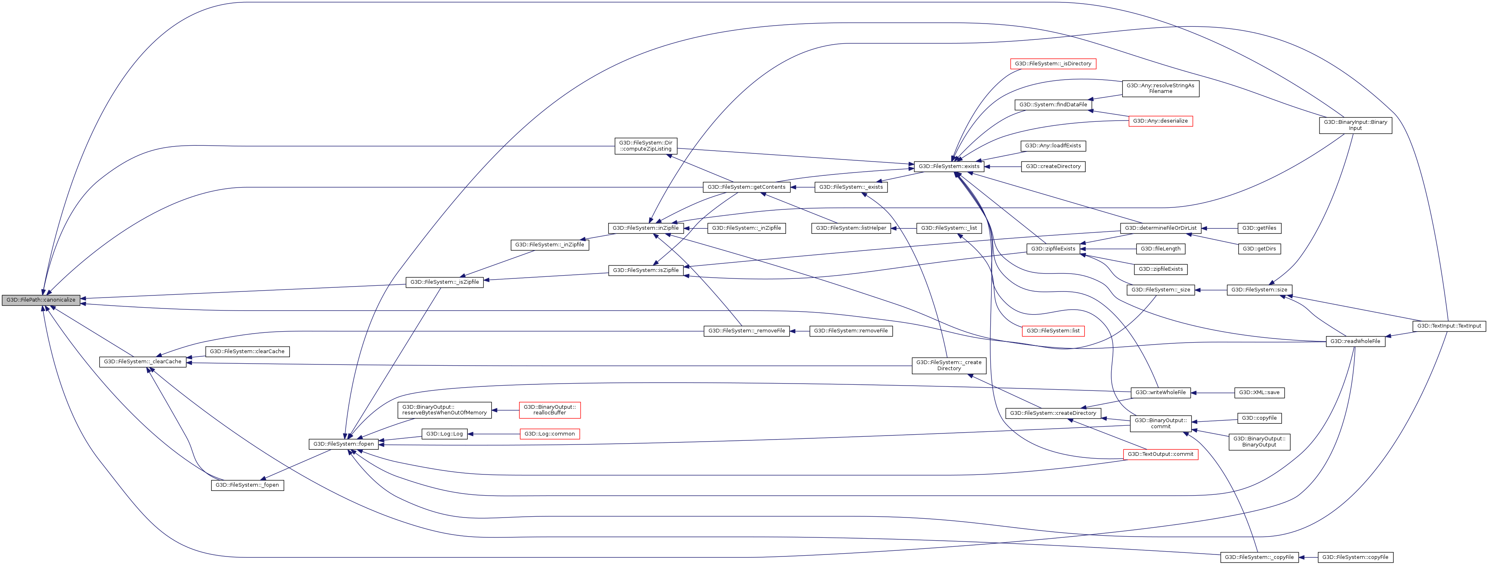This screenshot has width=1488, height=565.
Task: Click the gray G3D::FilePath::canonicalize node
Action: (x=41, y=300)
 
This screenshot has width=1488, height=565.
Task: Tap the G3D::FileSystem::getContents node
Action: (x=746, y=187)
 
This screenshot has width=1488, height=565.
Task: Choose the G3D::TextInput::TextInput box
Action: (x=1449, y=326)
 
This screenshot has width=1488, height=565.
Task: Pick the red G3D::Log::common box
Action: (x=549, y=434)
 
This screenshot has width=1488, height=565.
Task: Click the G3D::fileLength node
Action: (x=1160, y=249)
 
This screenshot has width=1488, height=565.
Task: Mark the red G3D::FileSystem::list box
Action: (x=1053, y=331)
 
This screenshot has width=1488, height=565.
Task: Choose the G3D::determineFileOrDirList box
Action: (x=1160, y=228)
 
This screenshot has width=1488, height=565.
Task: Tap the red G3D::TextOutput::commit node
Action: (x=1160, y=455)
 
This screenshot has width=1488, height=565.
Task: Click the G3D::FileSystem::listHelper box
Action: (x=851, y=228)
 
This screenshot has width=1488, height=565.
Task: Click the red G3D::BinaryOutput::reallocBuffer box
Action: (x=549, y=410)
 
